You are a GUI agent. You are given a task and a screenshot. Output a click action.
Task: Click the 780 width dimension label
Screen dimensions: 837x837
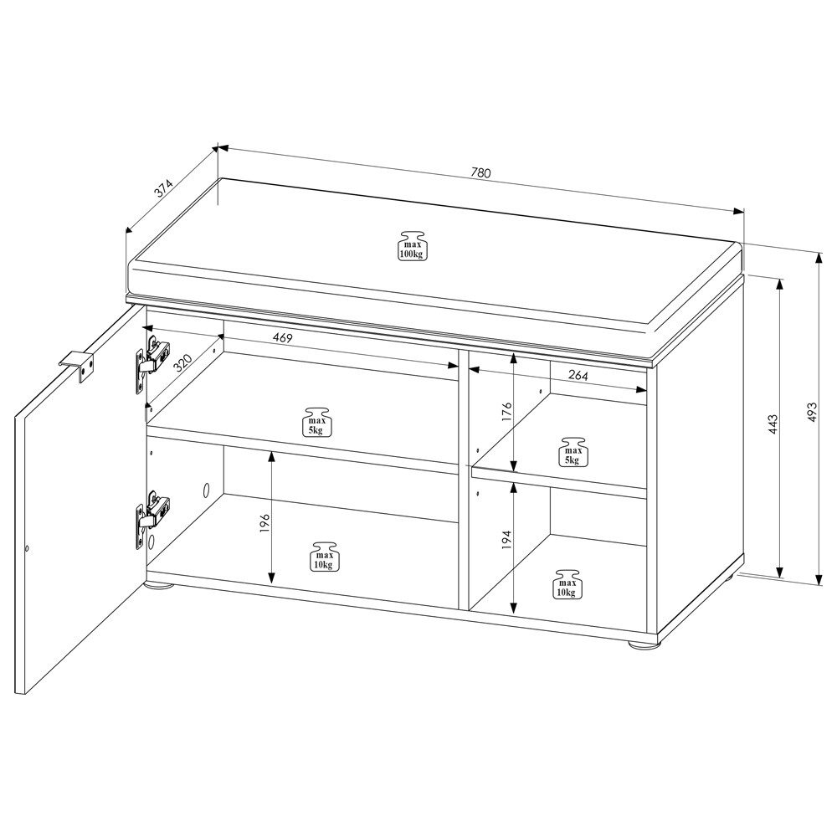(x=480, y=173)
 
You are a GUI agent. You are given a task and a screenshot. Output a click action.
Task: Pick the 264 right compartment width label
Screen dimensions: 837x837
(x=578, y=376)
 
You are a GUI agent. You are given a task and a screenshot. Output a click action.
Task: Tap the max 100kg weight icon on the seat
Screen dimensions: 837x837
(x=411, y=244)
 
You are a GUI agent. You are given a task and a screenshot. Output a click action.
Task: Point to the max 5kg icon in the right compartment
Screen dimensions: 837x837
(x=571, y=451)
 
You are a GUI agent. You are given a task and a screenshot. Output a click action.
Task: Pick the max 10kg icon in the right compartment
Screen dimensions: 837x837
(x=566, y=583)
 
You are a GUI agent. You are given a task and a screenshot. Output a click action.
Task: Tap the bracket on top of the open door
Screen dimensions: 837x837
(x=79, y=366)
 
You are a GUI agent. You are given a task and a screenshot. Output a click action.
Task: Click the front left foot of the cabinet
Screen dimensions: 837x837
(x=159, y=586)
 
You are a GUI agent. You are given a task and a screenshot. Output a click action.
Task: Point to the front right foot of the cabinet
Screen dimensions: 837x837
(x=641, y=644)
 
